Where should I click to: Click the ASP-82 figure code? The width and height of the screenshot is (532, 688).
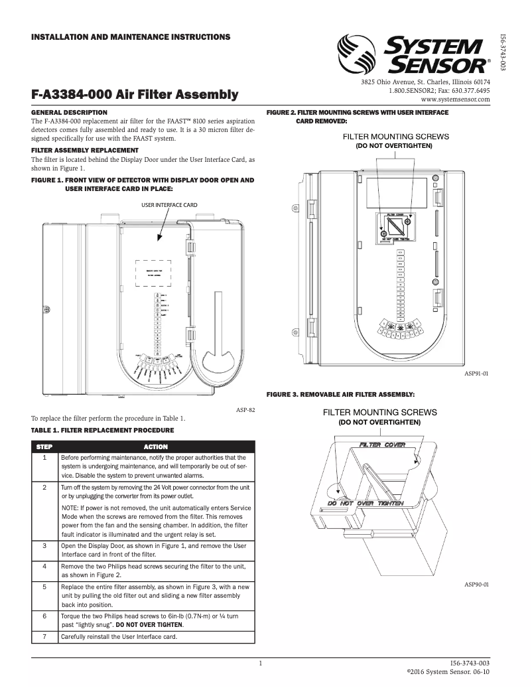click(x=245, y=411)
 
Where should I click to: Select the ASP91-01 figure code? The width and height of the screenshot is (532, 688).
click(x=476, y=374)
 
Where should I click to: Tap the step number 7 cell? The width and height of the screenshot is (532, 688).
click(x=44, y=637)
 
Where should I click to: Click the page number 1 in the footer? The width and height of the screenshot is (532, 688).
click(x=261, y=663)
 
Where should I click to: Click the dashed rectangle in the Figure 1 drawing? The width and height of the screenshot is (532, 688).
click(x=153, y=272)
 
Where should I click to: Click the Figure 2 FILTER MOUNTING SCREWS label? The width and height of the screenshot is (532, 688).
click(x=395, y=135)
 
